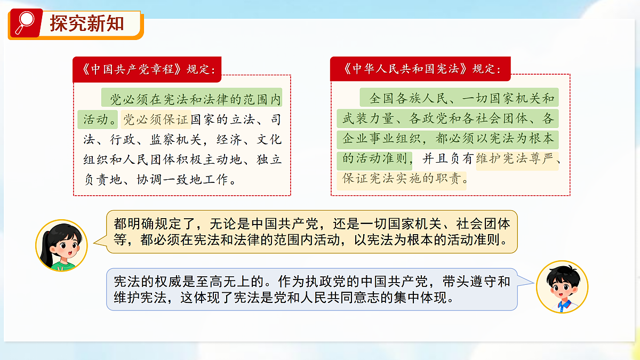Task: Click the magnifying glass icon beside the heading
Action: click(x=24, y=22)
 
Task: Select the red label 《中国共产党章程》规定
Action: click(x=147, y=69)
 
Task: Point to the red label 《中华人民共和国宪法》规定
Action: click(x=420, y=69)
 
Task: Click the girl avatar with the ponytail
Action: click(x=61, y=245)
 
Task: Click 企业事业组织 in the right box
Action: click(x=379, y=139)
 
